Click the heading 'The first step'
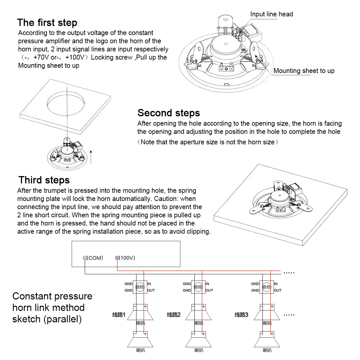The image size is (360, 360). pos(47,23)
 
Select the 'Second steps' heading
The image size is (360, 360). pos(169,113)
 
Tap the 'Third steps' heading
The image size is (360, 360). pos(44,180)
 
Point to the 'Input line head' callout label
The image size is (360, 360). pos(271,14)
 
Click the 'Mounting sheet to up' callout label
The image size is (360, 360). pos(304,71)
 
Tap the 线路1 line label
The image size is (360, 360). pos(118,315)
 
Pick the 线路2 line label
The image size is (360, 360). pos(174,315)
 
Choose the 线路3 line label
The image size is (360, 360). pos(242,315)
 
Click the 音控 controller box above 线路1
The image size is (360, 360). pos(140,287)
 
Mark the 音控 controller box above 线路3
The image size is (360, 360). pos(267,287)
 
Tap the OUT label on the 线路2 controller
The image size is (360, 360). pos(209,290)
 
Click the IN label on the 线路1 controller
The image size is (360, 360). pos(149,284)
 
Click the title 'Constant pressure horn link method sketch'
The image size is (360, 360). pos(52,308)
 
